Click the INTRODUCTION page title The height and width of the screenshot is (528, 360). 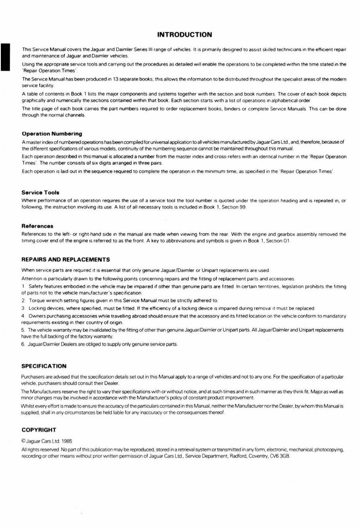[184, 35]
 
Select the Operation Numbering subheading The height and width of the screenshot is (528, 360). [52, 134]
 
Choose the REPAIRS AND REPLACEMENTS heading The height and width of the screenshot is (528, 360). [66, 259]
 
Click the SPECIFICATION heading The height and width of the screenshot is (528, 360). [44, 366]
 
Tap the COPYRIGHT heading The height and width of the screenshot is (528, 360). [39, 430]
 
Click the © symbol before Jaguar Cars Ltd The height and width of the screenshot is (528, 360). [23, 442]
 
